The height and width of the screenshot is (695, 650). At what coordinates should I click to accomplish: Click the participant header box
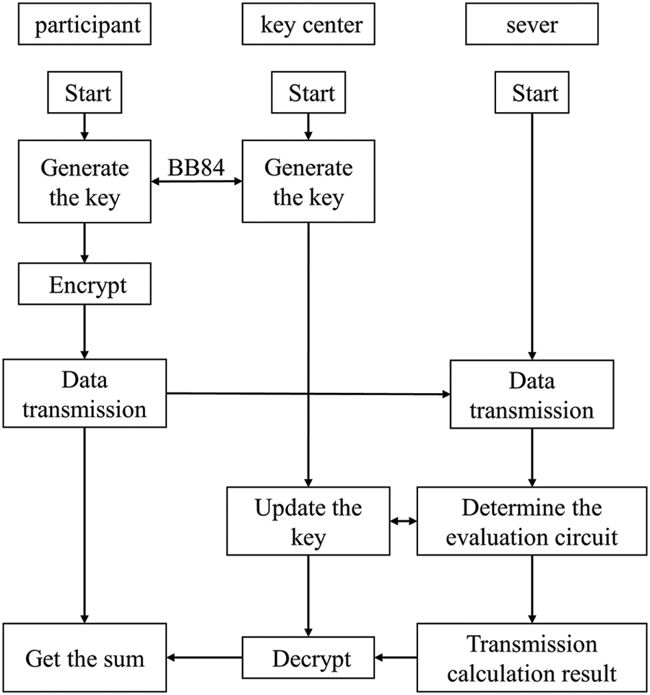coord(84,27)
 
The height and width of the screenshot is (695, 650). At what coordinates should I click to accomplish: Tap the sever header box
coord(535,27)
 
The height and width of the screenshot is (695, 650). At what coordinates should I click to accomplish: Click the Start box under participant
coord(84,93)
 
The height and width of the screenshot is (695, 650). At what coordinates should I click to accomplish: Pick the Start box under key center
coord(308,93)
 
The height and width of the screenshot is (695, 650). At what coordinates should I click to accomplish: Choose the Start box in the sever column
coord(535,93)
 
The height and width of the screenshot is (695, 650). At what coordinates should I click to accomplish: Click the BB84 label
coord(196,166)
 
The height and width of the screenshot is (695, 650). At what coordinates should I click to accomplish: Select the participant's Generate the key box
coord(84,182)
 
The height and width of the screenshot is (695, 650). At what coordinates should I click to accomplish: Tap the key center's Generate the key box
coord(308,182)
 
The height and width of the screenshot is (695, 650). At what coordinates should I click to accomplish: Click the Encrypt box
coord(84,285)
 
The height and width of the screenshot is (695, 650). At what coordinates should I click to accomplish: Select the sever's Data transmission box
coord(532,394)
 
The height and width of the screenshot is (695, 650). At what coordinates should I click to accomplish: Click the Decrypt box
coord(308,658)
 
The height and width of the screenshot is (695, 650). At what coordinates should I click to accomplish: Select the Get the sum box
coord(84,658)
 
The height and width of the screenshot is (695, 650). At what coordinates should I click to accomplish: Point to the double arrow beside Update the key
coord(403,521)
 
